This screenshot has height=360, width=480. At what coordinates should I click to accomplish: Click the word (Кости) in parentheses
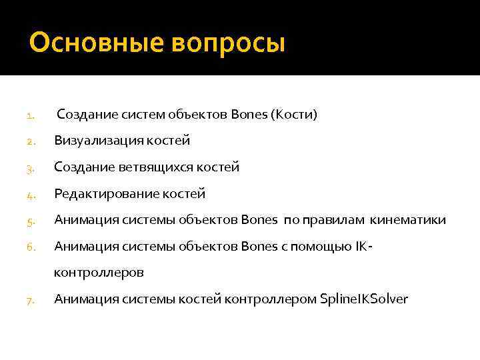294,115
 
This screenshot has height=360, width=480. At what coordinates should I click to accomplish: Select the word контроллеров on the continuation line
99,273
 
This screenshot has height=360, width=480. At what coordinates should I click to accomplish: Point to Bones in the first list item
249,115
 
